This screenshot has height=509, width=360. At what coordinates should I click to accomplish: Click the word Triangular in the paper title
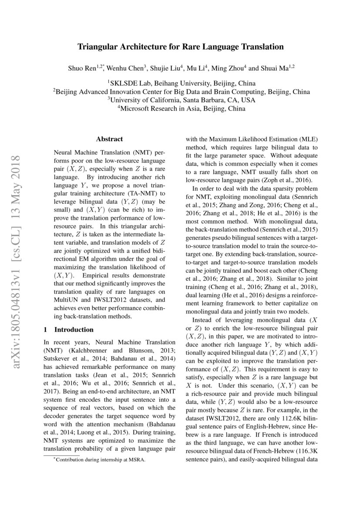pyautogui.click(x=97, y=47)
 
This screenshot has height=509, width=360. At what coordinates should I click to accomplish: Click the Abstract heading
pyautogui.click(x=109, y=139)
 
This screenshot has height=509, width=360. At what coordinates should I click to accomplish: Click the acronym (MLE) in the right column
pyautogui.click(x=309, y=139)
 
